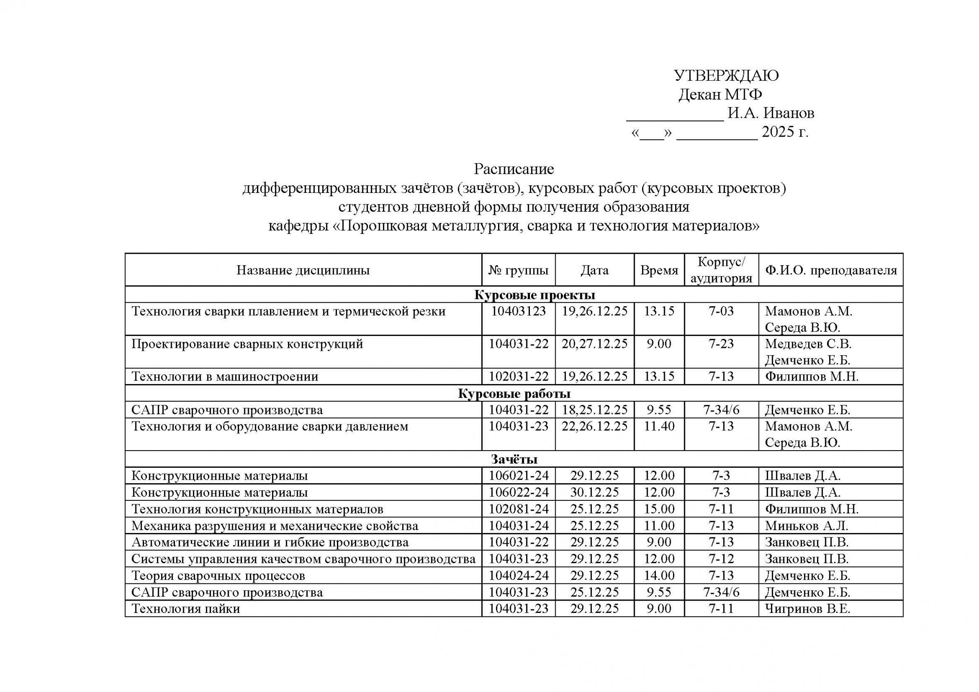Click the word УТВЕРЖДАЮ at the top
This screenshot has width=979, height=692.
click(726, 75)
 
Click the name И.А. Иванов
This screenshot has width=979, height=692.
click(771, 113)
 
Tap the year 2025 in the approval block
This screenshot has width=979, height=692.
click(779, 132)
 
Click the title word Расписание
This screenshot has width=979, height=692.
click(514, 169)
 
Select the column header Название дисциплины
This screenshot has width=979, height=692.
click(303, 270)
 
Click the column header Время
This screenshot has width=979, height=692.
click(659, 270)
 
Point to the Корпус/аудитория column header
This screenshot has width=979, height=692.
click(721, 270)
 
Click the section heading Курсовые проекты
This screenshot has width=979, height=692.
click(535, 295)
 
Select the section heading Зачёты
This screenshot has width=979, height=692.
click(514, 459)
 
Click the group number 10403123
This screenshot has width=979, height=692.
click(518, 311)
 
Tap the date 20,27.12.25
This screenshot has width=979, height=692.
click(594, 344)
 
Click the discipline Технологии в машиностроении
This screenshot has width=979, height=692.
click(225, 376)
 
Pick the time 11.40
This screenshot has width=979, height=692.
click(659, 426)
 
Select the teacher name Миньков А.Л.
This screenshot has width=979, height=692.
click(806, 526)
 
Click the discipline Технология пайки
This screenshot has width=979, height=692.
click(186, 608)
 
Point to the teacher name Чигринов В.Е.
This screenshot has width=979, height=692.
click(807, 608)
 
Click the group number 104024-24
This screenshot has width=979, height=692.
click(518, 576)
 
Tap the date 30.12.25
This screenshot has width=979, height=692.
click(594, 493)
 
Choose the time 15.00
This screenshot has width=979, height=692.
click(659, 509)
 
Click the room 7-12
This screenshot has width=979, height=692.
click(721, 559)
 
